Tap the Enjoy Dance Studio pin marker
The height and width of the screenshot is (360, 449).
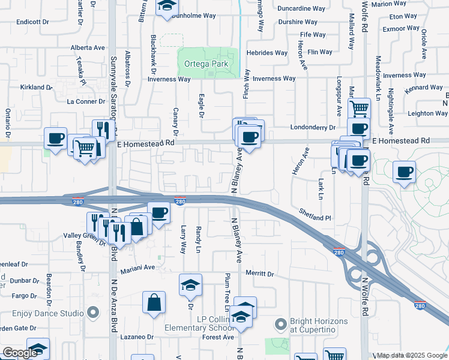coord(92,313)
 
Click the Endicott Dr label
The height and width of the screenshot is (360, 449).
coord(32,22)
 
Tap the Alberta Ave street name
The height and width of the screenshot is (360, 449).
coord(88,47)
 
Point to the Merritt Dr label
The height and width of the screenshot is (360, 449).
coord(260,274)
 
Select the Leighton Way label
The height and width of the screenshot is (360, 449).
coord(428,113)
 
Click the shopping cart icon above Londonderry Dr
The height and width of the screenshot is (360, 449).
coord(358,109)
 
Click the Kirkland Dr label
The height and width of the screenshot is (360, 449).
coord(37,88)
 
